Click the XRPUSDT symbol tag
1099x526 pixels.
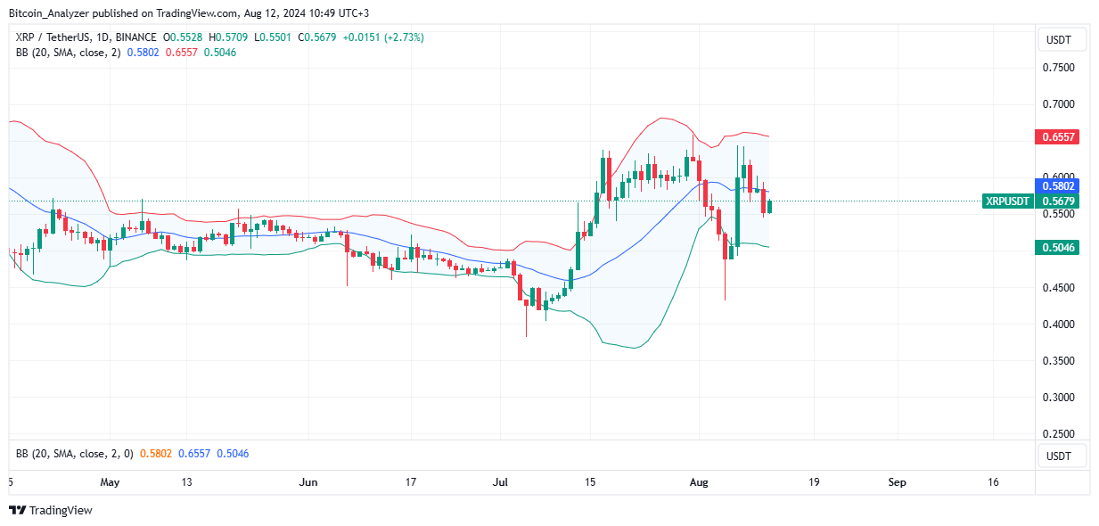tap(1007, 201)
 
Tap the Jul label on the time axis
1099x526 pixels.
tap(500, 482)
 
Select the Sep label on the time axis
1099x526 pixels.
tap(898, 482)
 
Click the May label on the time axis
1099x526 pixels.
tap(110, 482)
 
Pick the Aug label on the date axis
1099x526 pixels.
tap(699, 482)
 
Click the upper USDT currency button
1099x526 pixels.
tap(1058, 39)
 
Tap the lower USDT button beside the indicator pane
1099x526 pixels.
tap(1058, 456)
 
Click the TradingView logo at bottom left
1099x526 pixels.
tap(51, 511)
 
